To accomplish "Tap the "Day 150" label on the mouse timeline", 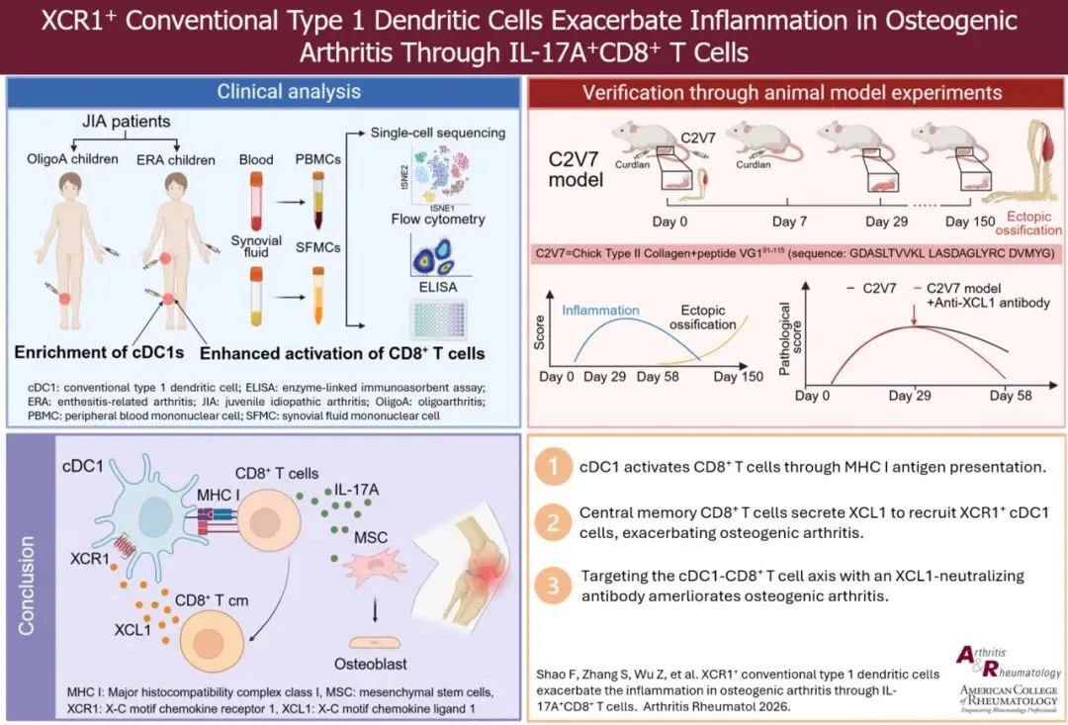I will (969, 223).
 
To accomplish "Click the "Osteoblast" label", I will (381, 664).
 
